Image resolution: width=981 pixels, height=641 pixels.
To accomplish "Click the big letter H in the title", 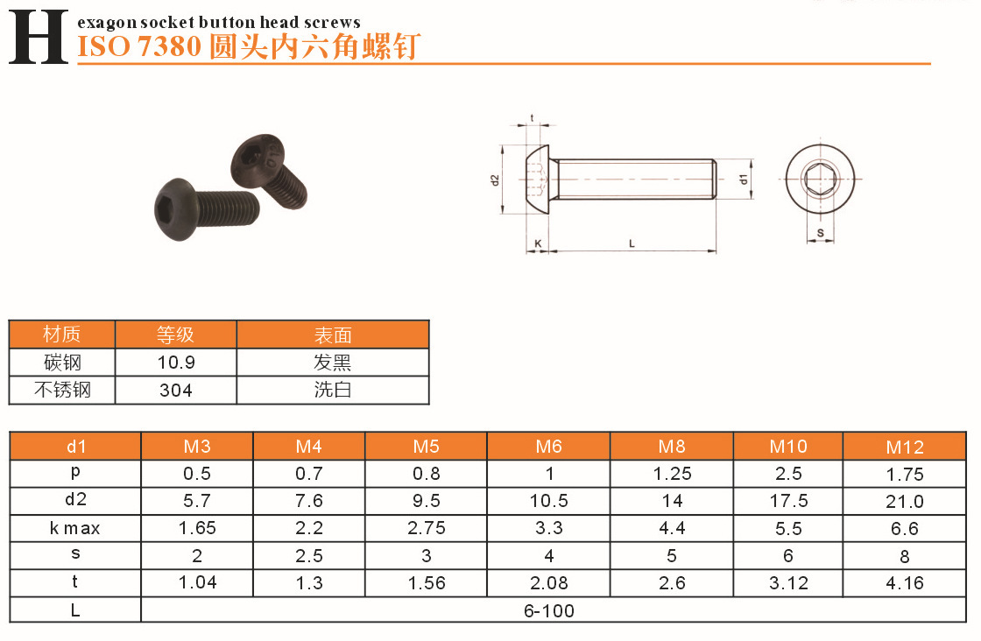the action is tap(39, 37).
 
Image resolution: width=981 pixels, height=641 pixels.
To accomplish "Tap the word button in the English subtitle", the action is tap(228, 23).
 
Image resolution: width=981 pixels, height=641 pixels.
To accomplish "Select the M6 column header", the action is tap(548, 447).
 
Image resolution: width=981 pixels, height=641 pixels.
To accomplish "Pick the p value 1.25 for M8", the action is tap(672, 474).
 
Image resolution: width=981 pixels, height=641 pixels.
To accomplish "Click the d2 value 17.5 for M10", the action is tap(788, 501).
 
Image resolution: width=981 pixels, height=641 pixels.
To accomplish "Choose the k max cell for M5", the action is tap(426, 528).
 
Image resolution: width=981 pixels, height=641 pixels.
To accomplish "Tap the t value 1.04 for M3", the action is tap(197, 583).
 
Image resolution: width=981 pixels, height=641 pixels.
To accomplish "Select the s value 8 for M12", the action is tap(905, 556).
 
